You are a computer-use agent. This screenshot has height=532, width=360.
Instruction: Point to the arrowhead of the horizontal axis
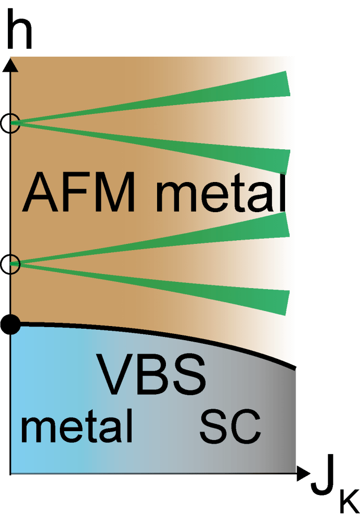pyautogui.click(x=303, y=473)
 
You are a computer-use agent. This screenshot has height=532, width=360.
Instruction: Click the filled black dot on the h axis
pyautogui.click(x=10, y=325)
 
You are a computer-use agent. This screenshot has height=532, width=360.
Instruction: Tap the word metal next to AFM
pyautogui.click(x=221, y=192)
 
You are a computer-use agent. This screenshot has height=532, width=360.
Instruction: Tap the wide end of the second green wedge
pyautogui.click(x=285, y=160)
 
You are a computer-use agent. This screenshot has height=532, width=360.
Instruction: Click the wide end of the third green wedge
pyautogui.click(x=285, y=225)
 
